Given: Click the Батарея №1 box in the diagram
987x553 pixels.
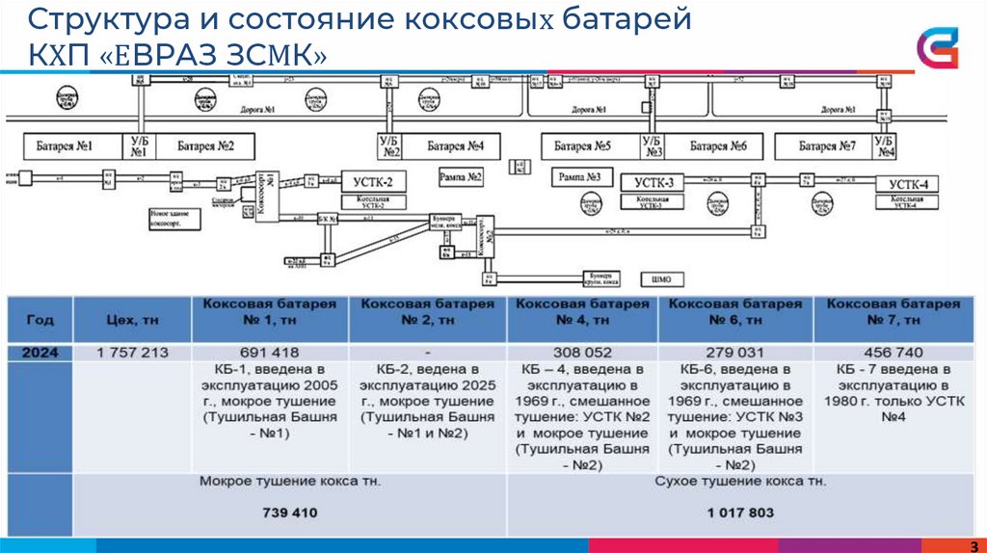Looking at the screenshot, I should pos(65,146).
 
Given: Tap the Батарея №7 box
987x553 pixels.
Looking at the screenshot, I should pos(827,146).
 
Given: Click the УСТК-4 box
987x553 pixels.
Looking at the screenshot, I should pos(908,184).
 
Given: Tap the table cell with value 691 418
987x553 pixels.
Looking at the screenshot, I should pos(274,353).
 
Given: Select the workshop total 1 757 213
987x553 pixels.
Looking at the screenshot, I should pos(132,353).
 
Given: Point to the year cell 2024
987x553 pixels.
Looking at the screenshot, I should pos(40,353).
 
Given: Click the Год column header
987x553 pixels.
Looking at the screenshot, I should pos(40,319).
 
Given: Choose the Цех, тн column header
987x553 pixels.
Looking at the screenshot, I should pos(132,319).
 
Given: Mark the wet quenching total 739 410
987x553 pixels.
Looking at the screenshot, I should pos(290,513).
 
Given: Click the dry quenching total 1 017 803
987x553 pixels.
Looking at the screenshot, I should pos(739,513).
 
